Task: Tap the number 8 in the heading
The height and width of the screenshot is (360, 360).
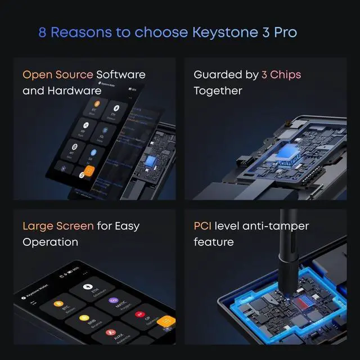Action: point(42,32)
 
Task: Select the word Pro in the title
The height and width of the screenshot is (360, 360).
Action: point(284,32)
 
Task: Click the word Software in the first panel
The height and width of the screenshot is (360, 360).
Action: point(121,75)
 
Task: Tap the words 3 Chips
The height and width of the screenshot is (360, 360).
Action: point(281,75)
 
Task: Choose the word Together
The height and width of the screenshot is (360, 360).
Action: point(218,91)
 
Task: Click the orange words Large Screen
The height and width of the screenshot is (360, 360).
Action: point(58,226)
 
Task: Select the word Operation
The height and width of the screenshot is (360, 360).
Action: point(50,242)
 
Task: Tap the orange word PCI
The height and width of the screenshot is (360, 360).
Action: point(202,226)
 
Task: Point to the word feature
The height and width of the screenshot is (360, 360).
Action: point(214,242)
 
